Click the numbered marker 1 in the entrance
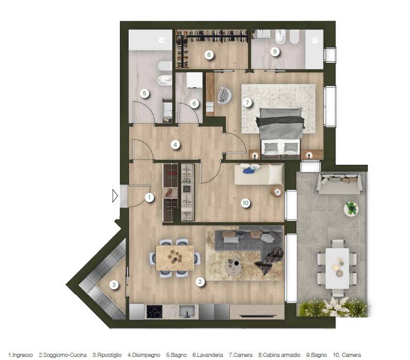[x=149, y=197]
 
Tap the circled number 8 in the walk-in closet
[x=209, y=55]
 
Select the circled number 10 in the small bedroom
[x=245, y=203]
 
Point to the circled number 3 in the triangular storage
[x=114, y=285]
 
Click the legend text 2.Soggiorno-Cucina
[x=62, y=355]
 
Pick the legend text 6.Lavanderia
[x=208, y=355]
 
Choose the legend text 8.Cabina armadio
[x=279, y=355]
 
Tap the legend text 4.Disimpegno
[x=144, y=355]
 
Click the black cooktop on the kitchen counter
[x=154, y=312]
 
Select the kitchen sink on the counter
[x=187, y=312]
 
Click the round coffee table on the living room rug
[x=233, y=267]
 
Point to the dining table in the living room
[x=175, y=258]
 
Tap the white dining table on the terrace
[x=337, y=268]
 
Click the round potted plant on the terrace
[x=351, y=209]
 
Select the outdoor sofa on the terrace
[x=341, y=183]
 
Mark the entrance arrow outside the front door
[x=115, y=196]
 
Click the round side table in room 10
[x=276, y=193]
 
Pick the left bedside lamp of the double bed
[x=255, y=156]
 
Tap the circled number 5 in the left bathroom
[x=145, y=93]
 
